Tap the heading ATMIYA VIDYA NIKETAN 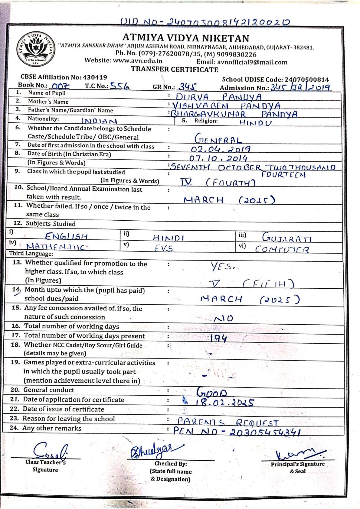[x=186, y=38]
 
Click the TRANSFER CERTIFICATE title [x=175, y=70]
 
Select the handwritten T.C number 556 [x=120, y=86]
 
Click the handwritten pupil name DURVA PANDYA [x=218, y=97]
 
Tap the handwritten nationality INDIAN [x=99, y=121]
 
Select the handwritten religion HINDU [x=255, y=123]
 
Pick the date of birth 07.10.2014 [x=218, y=158]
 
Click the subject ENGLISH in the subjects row [x=66, y=236]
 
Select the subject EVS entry [x=163, y=248]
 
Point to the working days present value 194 [x=218, y=338]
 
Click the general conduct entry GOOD [x=211, y=392]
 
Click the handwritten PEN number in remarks [x=237, y=431]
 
